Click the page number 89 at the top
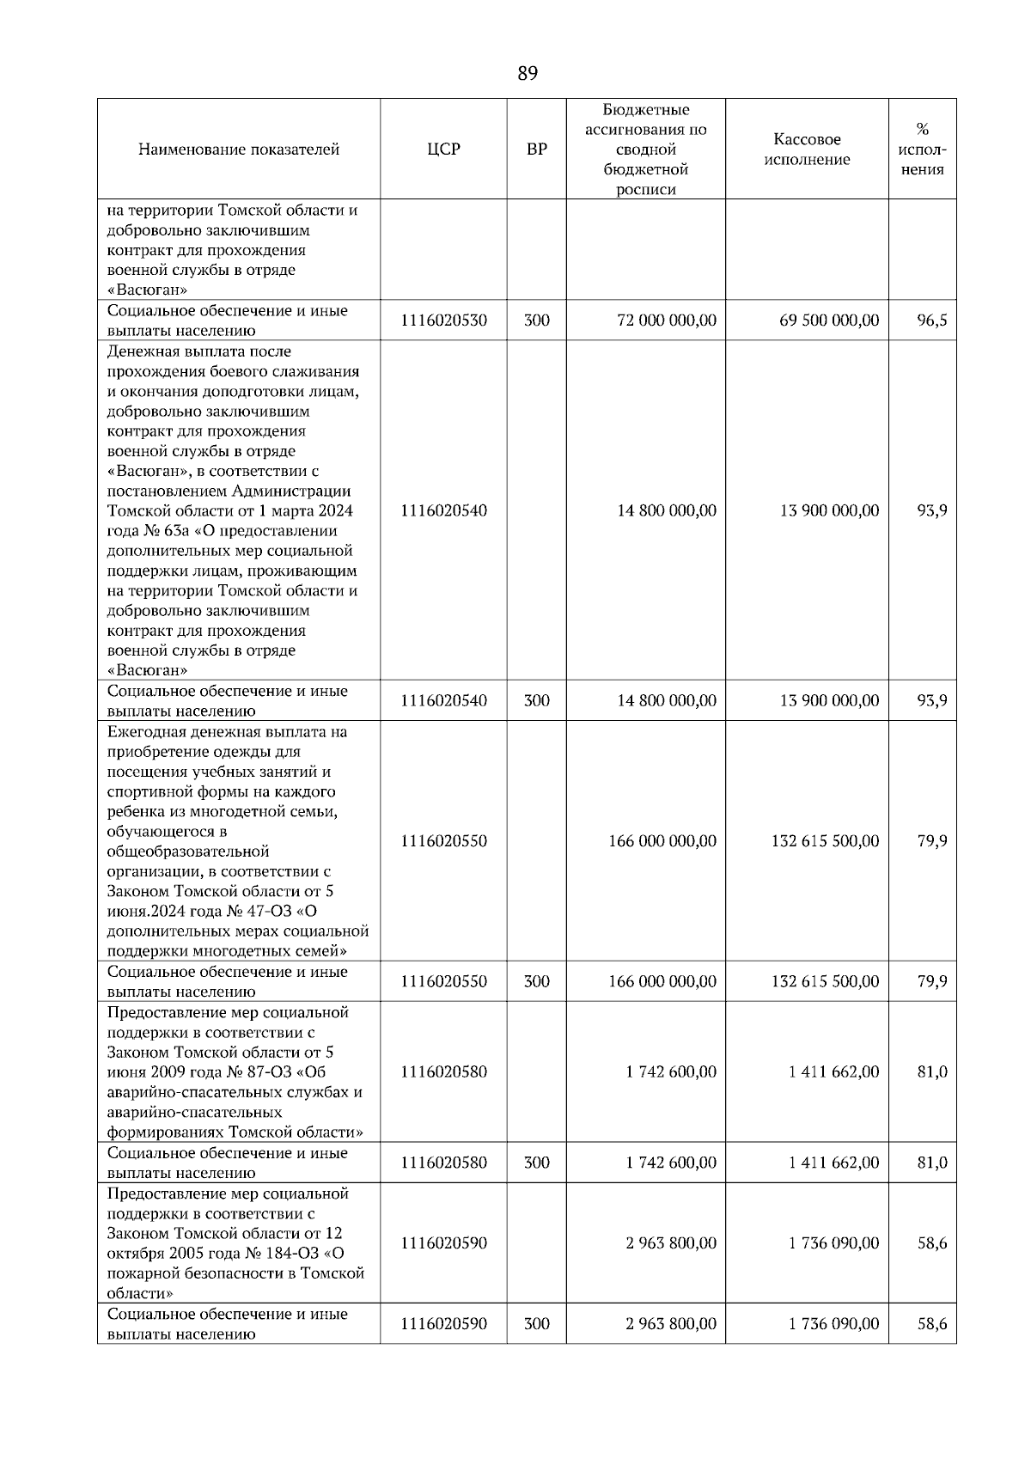pos(528,74)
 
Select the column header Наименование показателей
pos(239,150)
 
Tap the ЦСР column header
pos(443,150)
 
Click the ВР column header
pos(536,150)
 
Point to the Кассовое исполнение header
pos(807,150)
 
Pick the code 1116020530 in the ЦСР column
pos(443,320)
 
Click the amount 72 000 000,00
pos(666,320)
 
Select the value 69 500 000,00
pos(829,320)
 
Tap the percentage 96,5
pos(931,320)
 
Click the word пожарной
pos(143,1273)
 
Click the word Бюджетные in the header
pos(645,110)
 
